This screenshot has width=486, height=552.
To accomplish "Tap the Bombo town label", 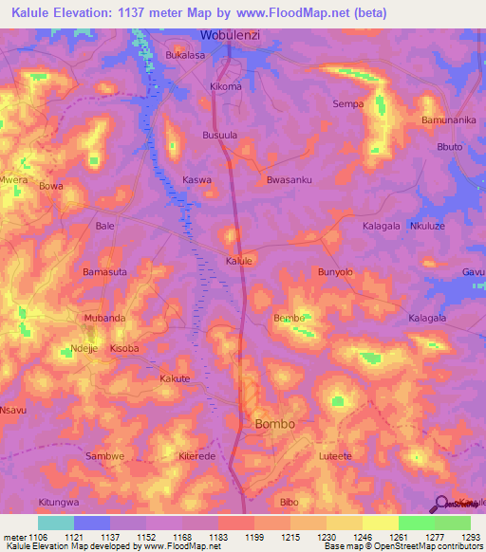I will (274, 424).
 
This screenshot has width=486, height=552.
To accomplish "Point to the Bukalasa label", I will (185, 56).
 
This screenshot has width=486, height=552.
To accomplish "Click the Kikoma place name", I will (226, 86).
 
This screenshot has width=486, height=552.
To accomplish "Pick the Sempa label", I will (348, 103).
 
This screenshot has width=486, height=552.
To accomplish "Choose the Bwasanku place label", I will (290, 179).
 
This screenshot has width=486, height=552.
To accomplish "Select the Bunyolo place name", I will (335, 272).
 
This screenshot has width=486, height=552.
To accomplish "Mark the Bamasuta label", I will (104, 272).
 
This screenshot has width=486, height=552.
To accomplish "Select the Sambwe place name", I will (105, 456).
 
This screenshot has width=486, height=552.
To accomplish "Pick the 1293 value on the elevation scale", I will (471, 536).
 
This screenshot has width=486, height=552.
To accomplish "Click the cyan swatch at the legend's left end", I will (55, 523).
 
